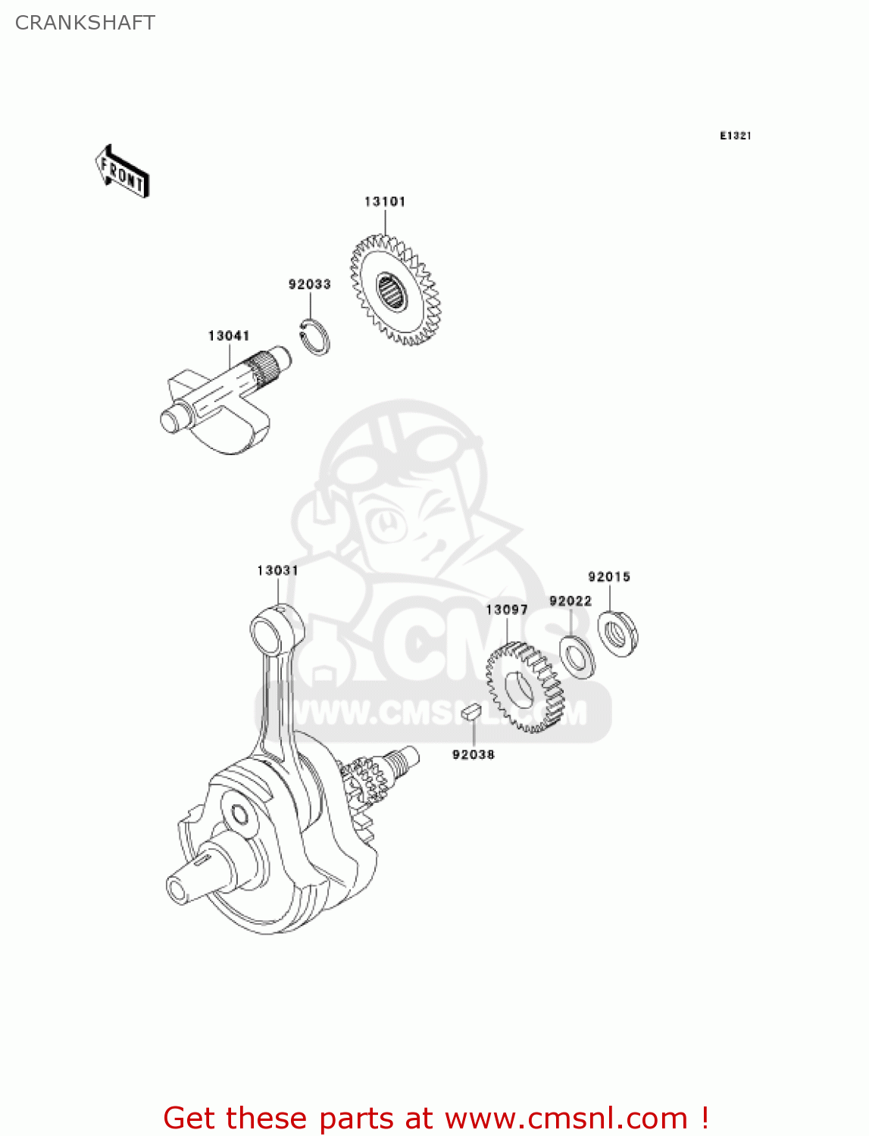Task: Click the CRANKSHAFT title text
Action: [x=85, y=23]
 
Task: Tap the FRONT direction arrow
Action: [x=122, y=172]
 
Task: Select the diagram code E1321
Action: [x=735, y=136]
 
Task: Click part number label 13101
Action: [x=385, y=201]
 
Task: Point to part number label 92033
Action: [x=309, y=284]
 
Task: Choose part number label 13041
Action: [x=229, y=335]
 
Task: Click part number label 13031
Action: [x=277, y=570]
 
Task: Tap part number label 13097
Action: [x=506, y=610]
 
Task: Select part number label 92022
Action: [x=570, y=601]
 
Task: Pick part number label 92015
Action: [x=609, y=576]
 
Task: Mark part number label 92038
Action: [x=473, y=754]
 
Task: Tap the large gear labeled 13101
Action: [x=394, y=291]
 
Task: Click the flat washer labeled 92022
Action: [x=577, y=657]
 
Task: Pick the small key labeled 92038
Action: [x=472, y=710]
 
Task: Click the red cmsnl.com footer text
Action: [x=436, y=1118]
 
